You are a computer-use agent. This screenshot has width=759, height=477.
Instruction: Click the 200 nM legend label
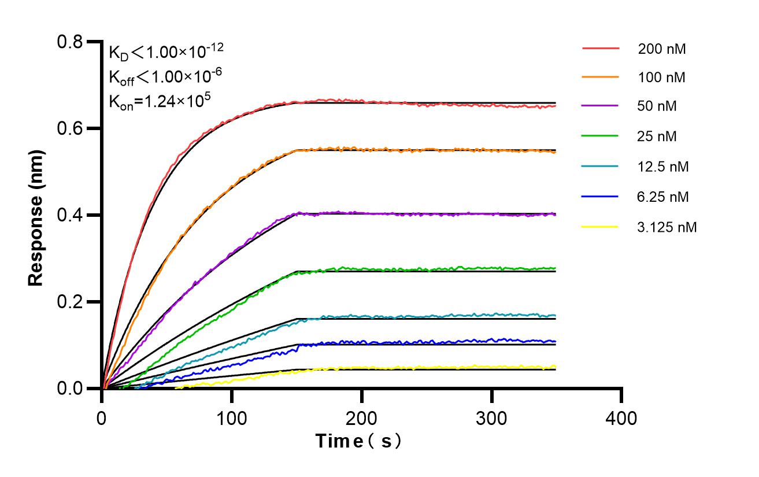pyautogui.click(x=662, y=49)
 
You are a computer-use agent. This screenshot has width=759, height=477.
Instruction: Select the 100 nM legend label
pyautogui.click(x=662, y=77)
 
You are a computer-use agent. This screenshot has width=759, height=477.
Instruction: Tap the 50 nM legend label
pyautogui.click(x=657, y=106)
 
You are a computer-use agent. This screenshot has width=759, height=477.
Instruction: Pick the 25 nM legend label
pyautogui.click(x=657, y=136)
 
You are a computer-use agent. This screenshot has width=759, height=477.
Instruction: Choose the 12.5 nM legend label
pyautogui.click(x=663, y=167)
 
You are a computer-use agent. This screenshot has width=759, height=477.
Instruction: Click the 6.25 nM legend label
pyautogui.click(x=663, y=197)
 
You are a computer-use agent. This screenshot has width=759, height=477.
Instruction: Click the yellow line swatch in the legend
pyautogui.click(x=601, y=227)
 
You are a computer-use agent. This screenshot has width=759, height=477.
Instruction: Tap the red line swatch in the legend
pyautogui.click(x=601, y=49)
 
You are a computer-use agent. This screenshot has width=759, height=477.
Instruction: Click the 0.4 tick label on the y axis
pyautogui.click(x=72, y=215)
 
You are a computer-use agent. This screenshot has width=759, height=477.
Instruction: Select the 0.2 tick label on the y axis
pyautogui.click(x=72, y=302)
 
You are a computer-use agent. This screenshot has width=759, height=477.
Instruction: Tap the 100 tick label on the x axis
pyautogui.click(x=232, y=417)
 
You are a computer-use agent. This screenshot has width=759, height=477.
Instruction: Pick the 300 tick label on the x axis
pyautogui.click(x=492, y=417)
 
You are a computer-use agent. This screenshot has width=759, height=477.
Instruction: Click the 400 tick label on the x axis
pyautogui.click(x=621, y=417)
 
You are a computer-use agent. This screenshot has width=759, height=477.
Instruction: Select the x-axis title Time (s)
pyautogui.click(x=358, y=441)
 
